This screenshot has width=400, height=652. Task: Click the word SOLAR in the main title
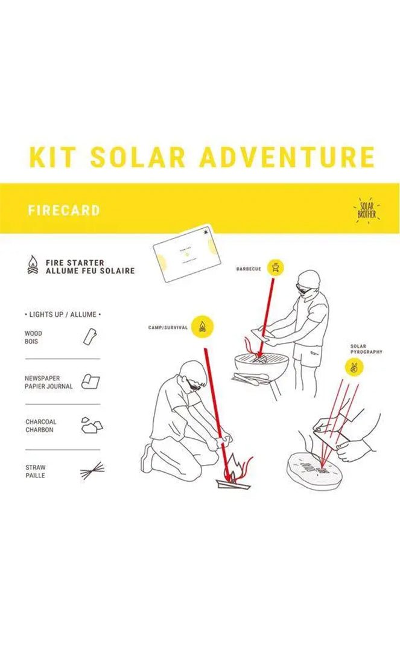coord(138,157)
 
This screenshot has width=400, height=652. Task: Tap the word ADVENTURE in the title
coord(287,157)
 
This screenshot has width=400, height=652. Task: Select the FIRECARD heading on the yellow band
coord(64,211)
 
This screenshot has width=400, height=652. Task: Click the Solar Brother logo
coord(366,209)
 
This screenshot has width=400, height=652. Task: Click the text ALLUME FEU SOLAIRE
coord(90,271)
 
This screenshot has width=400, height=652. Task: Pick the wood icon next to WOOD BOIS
coord(90,336)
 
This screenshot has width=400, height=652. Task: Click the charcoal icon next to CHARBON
coord(91,425)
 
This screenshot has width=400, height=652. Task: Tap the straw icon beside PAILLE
coord(92,471)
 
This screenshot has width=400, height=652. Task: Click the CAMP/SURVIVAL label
coord(168,328)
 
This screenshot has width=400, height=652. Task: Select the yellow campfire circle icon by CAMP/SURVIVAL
coord(203,327)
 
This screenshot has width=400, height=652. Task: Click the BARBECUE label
coord(249,269)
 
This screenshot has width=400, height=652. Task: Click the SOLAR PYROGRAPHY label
coord(366,349)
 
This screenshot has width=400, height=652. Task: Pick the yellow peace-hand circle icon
coord(354,367)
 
